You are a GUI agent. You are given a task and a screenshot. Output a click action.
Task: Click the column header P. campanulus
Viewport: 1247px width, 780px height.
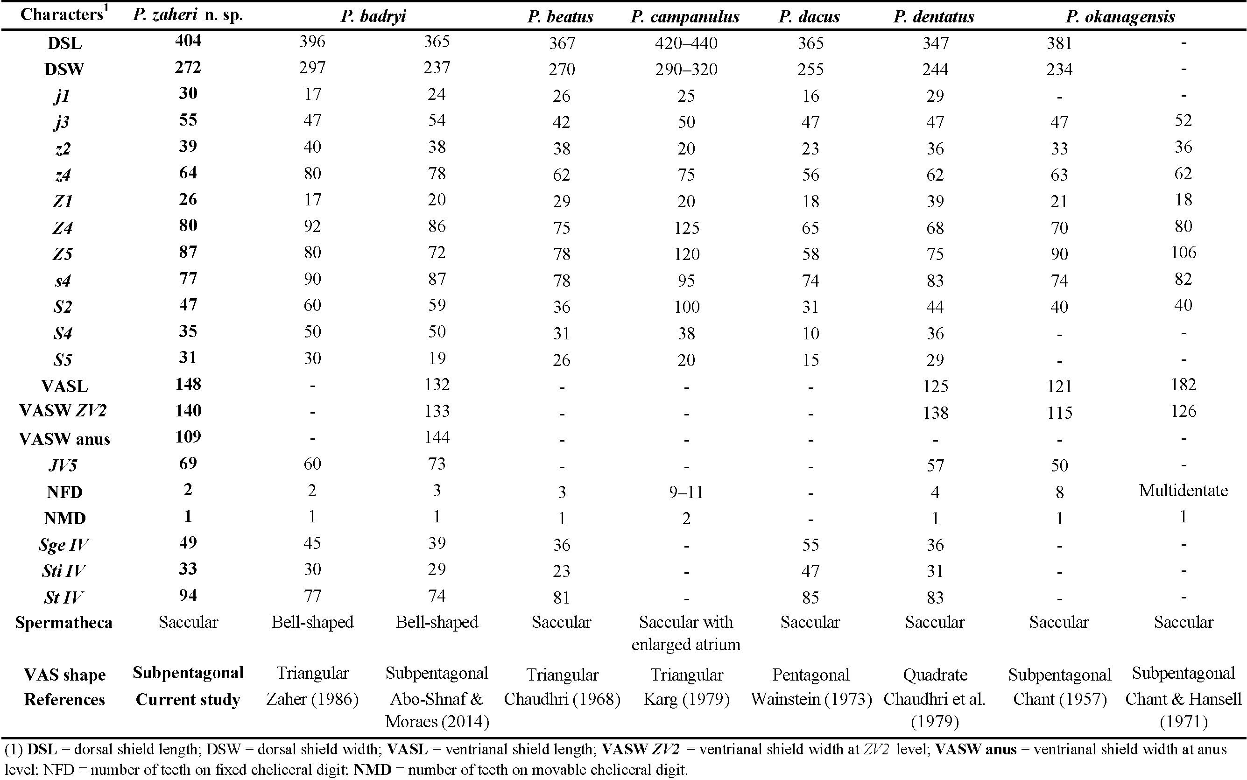(x=685, y=16)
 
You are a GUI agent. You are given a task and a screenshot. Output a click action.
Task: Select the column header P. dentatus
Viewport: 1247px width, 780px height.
(x=934, y=16)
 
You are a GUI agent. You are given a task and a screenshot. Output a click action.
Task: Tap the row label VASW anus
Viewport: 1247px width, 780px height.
(x=64, y=439)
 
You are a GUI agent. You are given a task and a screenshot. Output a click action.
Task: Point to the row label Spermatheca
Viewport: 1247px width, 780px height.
(x=64, y=623)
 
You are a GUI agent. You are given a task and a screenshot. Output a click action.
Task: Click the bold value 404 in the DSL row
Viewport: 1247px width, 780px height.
(x=188, y=40)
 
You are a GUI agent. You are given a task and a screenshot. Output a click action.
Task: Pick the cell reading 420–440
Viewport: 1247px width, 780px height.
(x=686, y=43)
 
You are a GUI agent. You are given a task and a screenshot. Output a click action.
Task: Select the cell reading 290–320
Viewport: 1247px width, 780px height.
(x=686, y=69)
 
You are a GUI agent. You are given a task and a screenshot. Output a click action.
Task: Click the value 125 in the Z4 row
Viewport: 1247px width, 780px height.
(x=686, y=227)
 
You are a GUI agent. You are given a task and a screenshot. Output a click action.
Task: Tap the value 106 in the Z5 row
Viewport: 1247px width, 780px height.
(x=1183, y=252)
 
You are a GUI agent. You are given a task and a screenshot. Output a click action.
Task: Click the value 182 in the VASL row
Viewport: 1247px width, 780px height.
(x=1183, y=384)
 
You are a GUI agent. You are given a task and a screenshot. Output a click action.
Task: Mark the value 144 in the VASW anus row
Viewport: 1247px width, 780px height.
(x=437, y=437)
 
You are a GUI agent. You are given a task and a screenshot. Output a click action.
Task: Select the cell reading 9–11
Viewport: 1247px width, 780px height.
(x=686, y=492)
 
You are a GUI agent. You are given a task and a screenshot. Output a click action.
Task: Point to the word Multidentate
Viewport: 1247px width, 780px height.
(x=1183, y=490)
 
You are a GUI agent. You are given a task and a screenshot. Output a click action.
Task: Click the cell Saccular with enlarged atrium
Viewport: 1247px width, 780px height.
(x=686, y=633)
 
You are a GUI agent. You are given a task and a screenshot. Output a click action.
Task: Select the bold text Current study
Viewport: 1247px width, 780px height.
(x=188, y=700)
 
